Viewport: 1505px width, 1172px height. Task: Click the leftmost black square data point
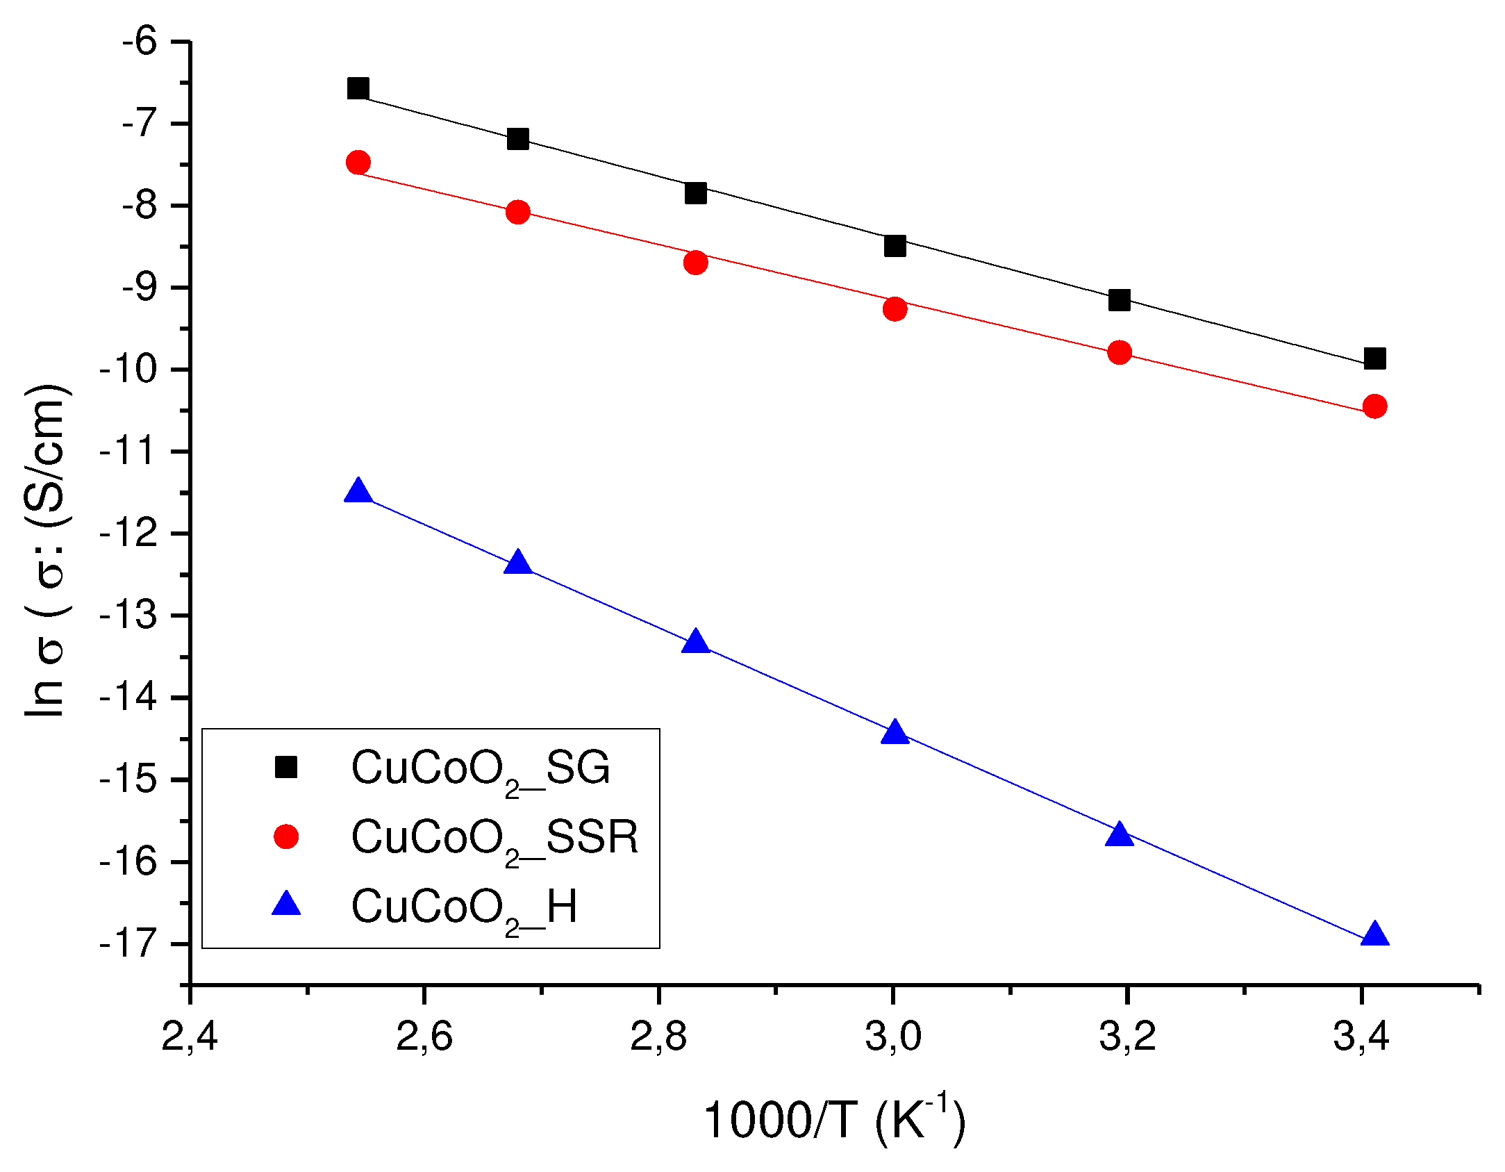pyautogui.click(x=358, y=88)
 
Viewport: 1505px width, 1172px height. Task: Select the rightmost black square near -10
pyautogui.click(x=1374, y=358)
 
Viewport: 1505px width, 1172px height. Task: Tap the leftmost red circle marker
pyautogui.click(x=358, y=163)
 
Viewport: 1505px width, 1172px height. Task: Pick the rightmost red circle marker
pyautogui.click(x=1374, y=406)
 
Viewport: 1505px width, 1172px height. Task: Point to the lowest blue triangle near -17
pyautogui.click(x=1374, y=935)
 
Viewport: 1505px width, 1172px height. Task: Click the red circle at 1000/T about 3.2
pyautogui.click(x=1119, y=352)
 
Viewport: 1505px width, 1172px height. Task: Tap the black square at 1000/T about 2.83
pyautogui.click(x=695, y=192)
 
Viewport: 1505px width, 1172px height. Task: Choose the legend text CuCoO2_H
pyautogui.click(x=464, y=908)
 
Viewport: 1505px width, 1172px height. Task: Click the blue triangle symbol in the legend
pyautogui.click(x=286, y=905)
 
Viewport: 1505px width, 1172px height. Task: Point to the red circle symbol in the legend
pyautogui.click(x=286, y=836)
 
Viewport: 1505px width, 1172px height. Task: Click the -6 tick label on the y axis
pyautogui.click(x=140, y=42)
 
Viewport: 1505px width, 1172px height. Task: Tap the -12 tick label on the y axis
pyautogui.click(x=129, y=534)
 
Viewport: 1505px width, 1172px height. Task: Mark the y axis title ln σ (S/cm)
pyautogui.click(x=45, y=549)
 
